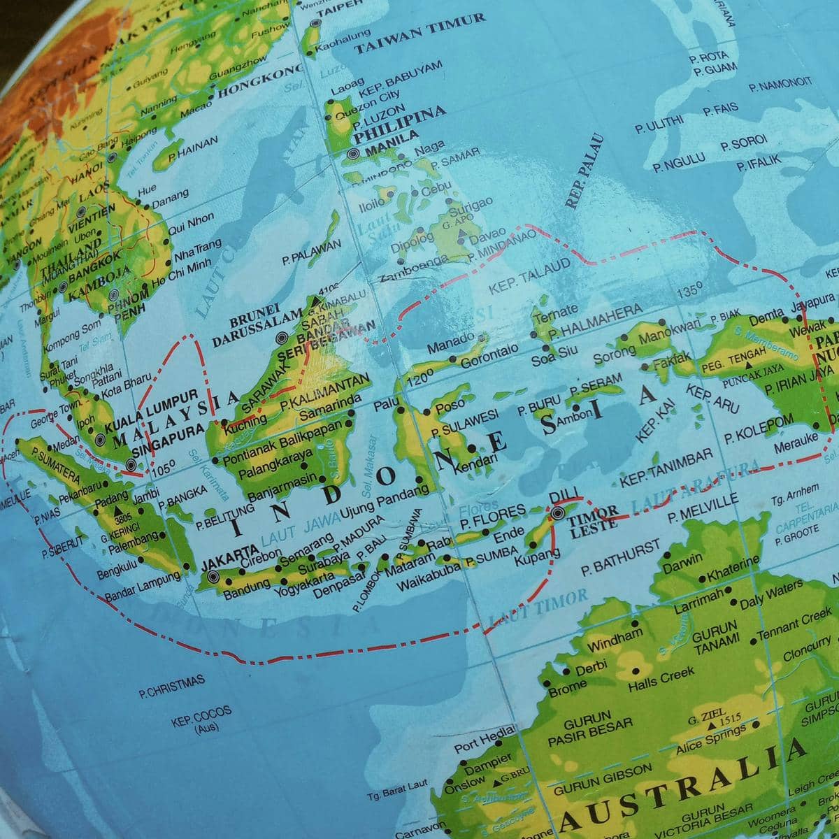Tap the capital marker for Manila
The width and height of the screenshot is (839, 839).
click(x=352, y=153)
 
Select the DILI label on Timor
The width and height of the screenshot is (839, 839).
click(x=561, y=499)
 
